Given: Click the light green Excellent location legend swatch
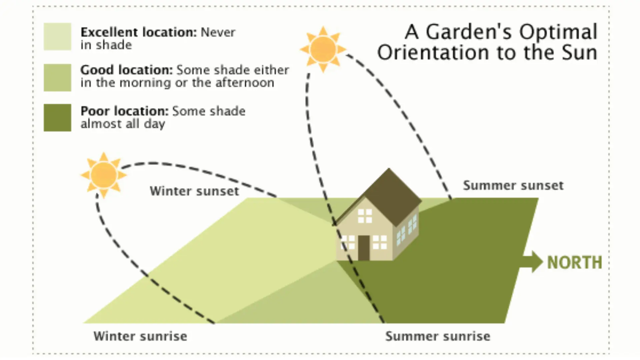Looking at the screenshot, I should coord(57,37).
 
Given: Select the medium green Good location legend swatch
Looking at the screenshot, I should coord(57,77).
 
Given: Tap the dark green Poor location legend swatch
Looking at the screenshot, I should coord(57,117).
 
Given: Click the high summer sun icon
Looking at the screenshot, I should coord(323,49).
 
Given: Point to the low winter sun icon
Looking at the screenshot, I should coord(104,175).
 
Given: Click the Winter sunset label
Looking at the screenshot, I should coord(194,191).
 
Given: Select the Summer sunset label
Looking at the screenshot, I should coord(513,186).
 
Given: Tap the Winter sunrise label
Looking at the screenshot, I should coord(140,336).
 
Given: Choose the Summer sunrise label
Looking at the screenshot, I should coord(438,336).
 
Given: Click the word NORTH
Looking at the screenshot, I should coord(575,263).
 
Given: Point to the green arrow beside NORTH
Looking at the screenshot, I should coord(532,262).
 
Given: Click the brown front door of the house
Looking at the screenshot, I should coord(364,247).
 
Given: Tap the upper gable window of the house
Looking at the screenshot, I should coord(365,216).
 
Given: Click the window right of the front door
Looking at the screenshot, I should coord(380,242).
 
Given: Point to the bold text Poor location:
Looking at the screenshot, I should coord(125,111).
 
